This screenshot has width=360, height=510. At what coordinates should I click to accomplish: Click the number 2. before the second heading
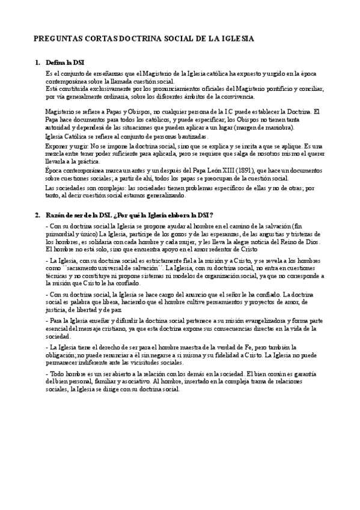pos(37,215)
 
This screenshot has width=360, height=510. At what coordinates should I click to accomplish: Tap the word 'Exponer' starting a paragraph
pos(57,146)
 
